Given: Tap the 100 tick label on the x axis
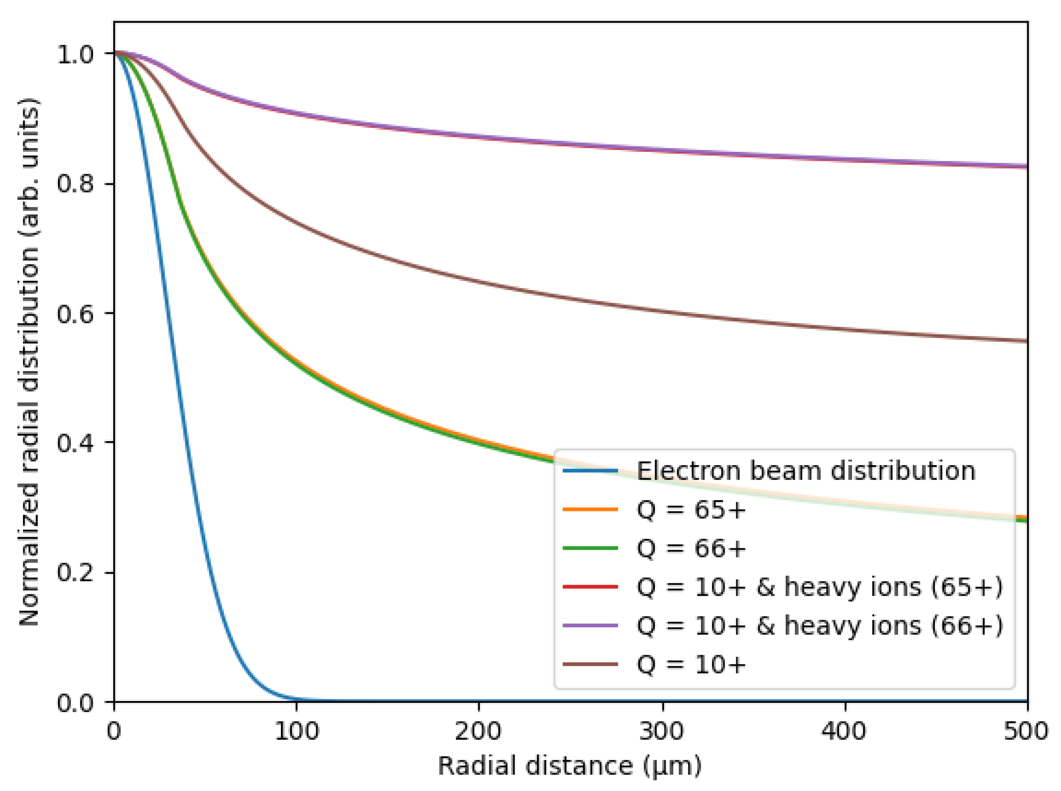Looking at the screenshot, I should point(296,732).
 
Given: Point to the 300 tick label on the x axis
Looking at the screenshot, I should point(662,732).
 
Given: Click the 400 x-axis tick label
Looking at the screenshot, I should point(845,732).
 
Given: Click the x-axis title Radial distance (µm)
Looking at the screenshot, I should point(570,766).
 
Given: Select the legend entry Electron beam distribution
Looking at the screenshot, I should point(806,471).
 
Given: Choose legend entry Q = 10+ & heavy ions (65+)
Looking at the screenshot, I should point(819,587).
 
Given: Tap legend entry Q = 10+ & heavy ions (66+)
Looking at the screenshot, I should point(819,626).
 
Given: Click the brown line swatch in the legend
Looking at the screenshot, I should point(590,665).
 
